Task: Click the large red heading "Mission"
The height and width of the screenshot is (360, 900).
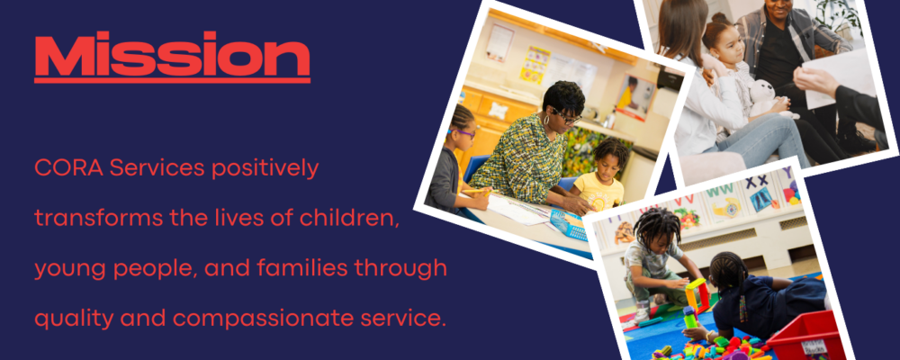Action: (x=172, y=55)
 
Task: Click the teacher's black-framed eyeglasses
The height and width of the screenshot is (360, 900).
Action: (x=565, y=116)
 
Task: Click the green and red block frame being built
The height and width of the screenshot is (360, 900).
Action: (x=697, y=296)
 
